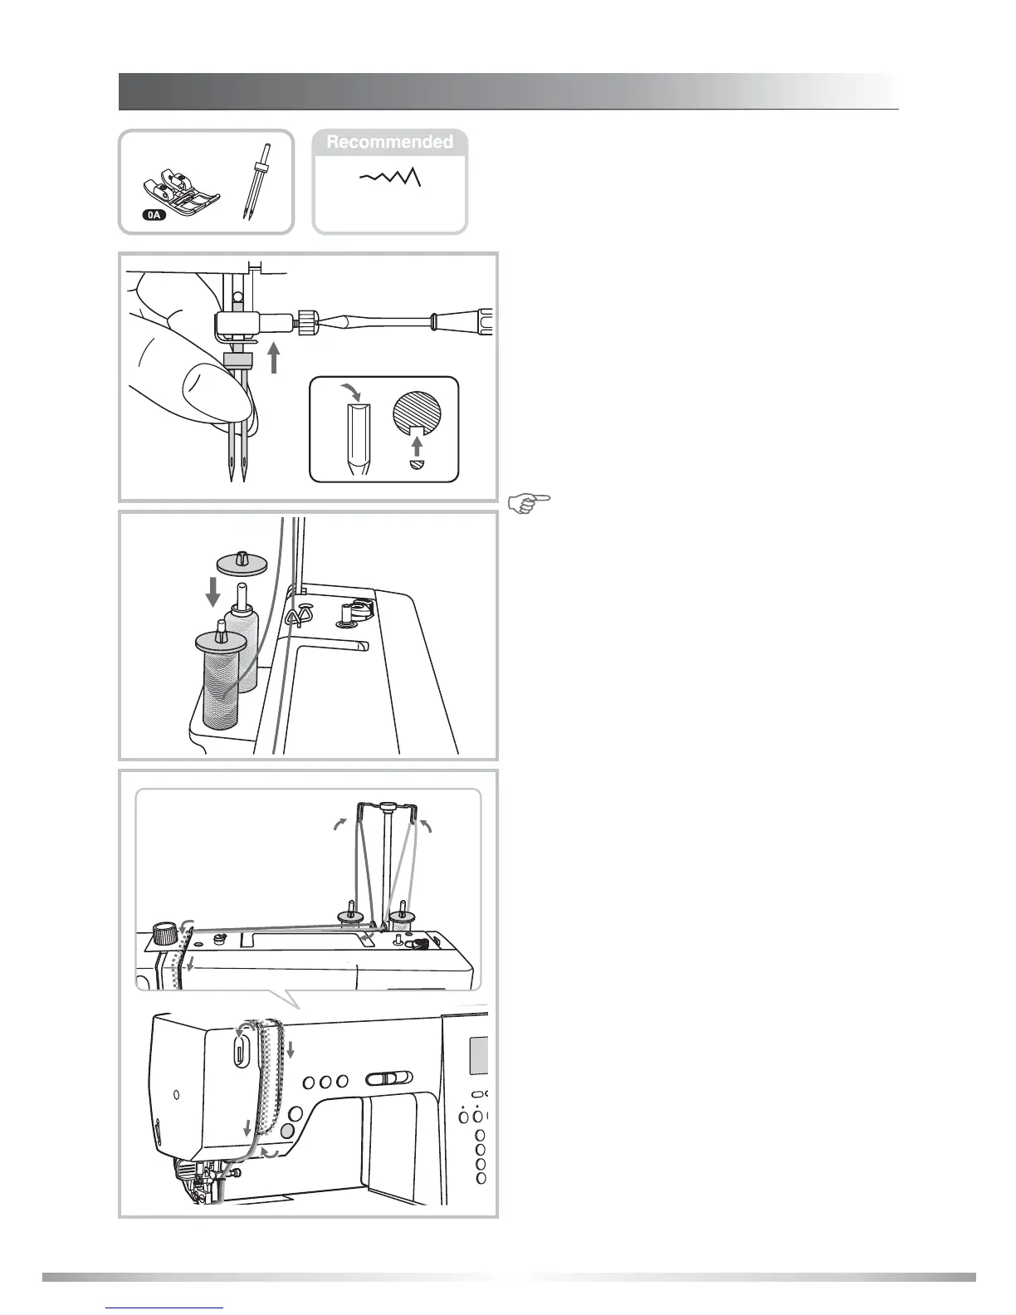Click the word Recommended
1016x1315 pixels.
pyautogui.click(x=389, y=142)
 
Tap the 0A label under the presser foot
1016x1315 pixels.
pyautogui.click(x=154, y=215)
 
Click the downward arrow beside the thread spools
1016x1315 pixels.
pyautogui.click(x=213, y=593)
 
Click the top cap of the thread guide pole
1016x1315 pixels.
pyautogui.click(x=387, y=804)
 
